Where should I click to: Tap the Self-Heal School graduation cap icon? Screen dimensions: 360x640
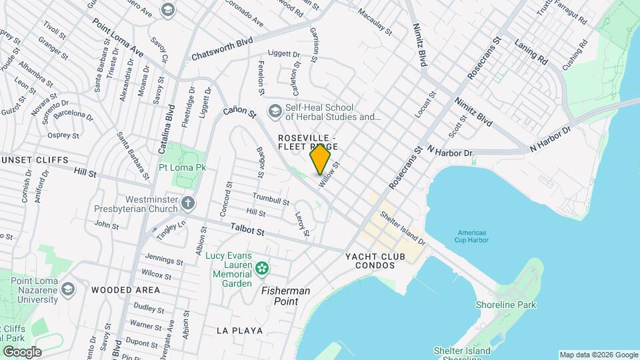[274, 111]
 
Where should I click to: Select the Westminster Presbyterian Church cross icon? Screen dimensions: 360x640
[189, 203]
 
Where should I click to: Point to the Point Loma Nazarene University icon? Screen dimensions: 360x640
[67, 290]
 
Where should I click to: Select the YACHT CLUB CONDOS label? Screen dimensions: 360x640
[379, 261]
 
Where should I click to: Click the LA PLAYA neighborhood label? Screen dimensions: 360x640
[239, 331]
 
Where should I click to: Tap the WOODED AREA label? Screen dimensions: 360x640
[126, 290]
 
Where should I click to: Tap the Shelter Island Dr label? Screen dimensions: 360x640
[402, 227]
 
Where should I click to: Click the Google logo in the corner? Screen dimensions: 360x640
[21, 351]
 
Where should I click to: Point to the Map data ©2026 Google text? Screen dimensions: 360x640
[598, 355]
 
